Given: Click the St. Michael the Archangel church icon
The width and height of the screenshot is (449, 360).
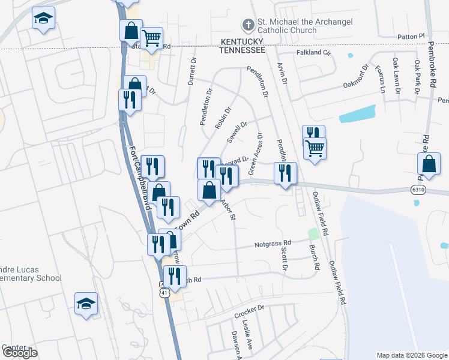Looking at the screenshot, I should coord(247,25).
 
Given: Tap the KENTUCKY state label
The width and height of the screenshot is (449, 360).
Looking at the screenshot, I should coord(242,41).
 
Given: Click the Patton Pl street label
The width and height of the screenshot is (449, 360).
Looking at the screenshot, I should coord(411,37).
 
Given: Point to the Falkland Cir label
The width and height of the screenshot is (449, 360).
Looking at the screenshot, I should coord(314,53).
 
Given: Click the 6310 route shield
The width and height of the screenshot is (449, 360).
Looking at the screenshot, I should coord(420,190).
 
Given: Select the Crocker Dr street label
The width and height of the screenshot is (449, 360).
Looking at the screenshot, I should coord(250,311).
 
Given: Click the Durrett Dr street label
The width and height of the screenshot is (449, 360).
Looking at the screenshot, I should coord(192,71).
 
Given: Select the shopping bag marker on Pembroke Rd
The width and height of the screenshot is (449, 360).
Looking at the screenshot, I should coord(429,163).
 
